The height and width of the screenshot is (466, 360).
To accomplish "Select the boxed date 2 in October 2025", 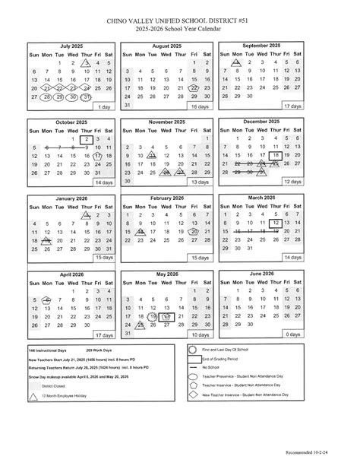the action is pos(87,139).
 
